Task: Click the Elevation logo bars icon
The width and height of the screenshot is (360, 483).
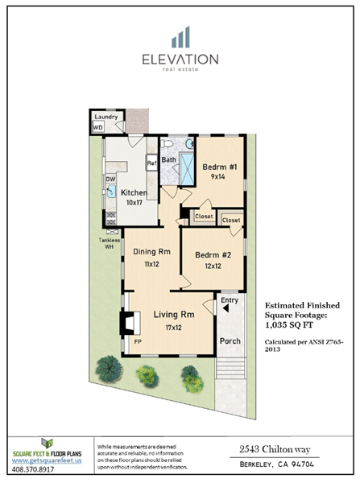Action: pyautogui.click(x=180, y=37)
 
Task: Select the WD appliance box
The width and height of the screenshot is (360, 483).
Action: pyautogui.click(x=98, y=127)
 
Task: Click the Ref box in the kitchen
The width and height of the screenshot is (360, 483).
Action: pyautogui.click(x=151, y=163)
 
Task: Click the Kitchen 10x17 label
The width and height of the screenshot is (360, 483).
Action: pyautogui.click(x=134, y=197)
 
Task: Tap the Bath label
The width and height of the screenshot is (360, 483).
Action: pyautogui.click(x=169, y=159)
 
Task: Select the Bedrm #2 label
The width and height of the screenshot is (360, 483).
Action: pyautogui.click(x=213, y=260)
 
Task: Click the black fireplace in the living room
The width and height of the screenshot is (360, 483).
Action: pyautogui.click(x=126, y=323)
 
